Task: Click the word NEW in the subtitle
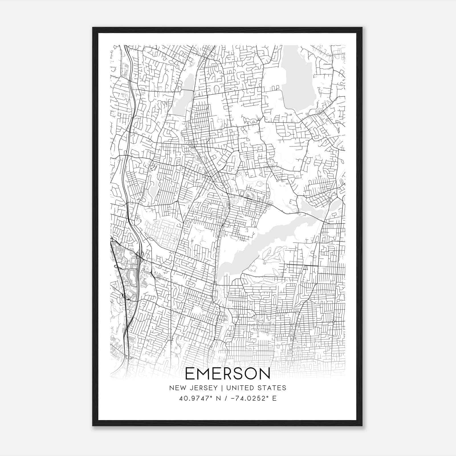click(177, 388)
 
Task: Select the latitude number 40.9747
click(192, 398)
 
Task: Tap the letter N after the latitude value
click(219, 398)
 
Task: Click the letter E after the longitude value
click(274, 398)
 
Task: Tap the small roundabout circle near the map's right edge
click(333, 321)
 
